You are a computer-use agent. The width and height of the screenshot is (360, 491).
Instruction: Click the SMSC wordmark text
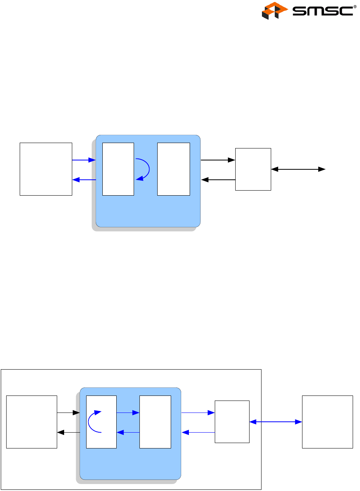coord(323,11)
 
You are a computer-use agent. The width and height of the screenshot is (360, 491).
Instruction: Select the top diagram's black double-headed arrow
coord(298,169)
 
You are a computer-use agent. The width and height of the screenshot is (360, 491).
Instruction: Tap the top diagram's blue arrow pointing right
coord(84,160)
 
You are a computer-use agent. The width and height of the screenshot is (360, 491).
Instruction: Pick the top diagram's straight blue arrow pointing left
coord(84,180)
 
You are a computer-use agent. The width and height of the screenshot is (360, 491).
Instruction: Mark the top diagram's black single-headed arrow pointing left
coord(218,180)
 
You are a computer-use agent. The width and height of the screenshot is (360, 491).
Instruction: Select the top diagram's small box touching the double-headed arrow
coord(253,169)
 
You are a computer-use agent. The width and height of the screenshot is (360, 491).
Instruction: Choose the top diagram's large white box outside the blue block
coord(46,169)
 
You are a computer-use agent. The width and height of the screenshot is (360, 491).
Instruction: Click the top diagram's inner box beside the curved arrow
coord(118,169)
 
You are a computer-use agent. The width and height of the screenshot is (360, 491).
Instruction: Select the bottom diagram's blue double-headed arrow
coord(275,422)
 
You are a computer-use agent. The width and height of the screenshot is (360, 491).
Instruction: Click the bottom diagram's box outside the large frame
coord(327,422)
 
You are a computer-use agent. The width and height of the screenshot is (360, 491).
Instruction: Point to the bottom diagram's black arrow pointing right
coord(68,413)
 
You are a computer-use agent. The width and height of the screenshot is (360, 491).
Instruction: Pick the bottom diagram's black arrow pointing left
coord(68,432)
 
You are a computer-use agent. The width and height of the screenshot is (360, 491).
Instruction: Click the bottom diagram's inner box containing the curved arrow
coord(101,422)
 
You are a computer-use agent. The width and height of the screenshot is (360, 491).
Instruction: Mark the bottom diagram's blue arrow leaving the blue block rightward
coord(198,413)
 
